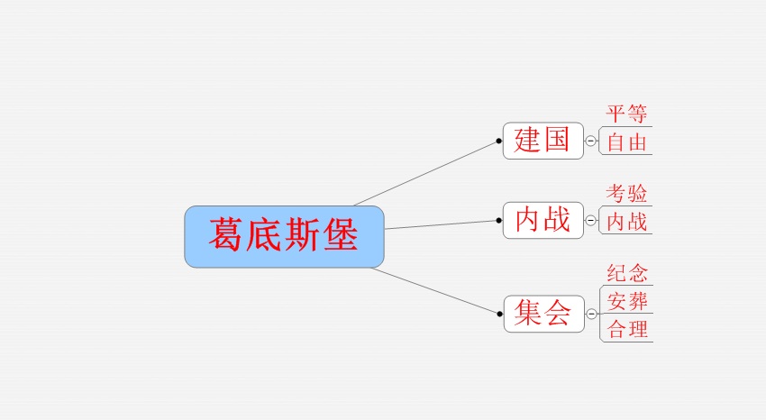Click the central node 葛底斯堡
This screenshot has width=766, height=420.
[284, 237]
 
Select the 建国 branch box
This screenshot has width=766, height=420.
[543, 141]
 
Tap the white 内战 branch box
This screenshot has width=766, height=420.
[543, 220]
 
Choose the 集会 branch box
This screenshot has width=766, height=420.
[544, 314]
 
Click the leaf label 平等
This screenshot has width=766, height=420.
[627, 114]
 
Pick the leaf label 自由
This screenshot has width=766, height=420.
[627, 142]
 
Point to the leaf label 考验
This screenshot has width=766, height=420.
[627, 194]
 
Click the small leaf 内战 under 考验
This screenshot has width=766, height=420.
[627, 222]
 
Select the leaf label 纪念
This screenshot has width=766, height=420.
[628, 273]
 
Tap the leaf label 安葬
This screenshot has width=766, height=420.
[628, 301]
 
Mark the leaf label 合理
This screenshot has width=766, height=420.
[628, 329]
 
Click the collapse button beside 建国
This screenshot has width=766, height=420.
[590, 142]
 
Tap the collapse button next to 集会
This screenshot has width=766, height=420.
[591, 314]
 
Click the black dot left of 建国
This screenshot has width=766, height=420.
[498, 142]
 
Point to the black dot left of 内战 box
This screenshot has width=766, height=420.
[498, 220]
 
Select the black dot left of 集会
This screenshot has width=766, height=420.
[500, 314]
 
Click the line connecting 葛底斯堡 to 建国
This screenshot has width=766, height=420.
[425, 173]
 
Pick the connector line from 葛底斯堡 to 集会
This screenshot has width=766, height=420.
[434, 290]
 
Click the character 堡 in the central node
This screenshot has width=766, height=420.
[341, 235]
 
